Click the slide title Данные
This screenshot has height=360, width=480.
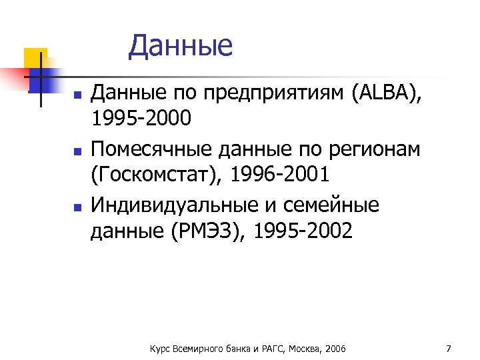coord(181,46)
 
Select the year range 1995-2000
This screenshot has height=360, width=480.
coord(141,119)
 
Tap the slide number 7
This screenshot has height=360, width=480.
coord(448,348)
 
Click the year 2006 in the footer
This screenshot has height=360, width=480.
coord(335,349)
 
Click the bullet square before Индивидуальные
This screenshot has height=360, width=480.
coord(77,207)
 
